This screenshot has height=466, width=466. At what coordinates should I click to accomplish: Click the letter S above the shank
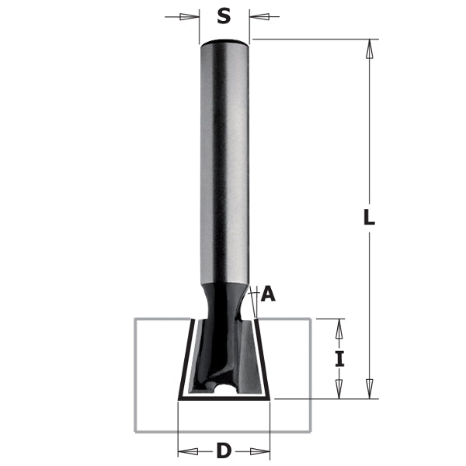click(x=224, y=16)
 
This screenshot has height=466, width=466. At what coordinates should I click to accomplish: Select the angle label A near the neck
click(x=269, y=294)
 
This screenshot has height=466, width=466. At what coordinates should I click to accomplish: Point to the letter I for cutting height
click(x=339, y=360)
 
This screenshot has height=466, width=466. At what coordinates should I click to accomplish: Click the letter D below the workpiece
click(x=224, y=450)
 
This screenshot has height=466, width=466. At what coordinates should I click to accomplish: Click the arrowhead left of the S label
click(x=189, y=16)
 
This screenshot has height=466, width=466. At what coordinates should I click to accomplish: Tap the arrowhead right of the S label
click(x=259, y=16)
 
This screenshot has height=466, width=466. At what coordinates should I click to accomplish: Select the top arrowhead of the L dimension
click(x=370, y=48)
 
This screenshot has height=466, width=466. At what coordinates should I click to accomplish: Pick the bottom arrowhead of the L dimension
click(x=370, y=389)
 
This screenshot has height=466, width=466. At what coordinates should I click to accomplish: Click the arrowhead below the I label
click(x=339, y=389)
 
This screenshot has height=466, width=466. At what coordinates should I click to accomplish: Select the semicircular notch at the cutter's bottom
click(x=224, y=385)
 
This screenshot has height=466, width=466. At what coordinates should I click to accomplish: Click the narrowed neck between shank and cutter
click(x=225, y=299)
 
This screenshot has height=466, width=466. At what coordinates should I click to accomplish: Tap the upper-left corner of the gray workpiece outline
click(x=135, y=318)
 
